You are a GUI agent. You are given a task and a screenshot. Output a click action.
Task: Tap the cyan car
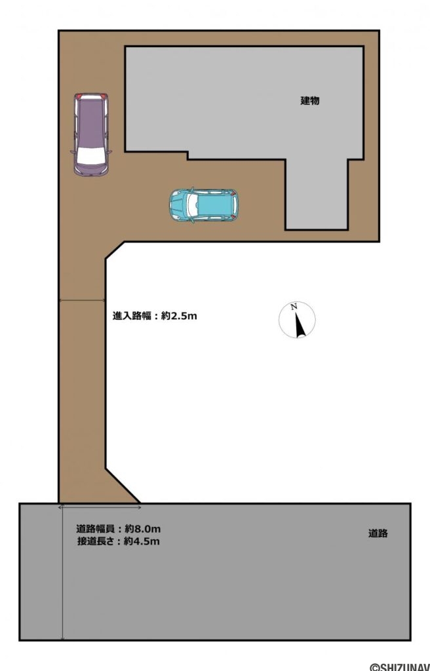[x=205, y=205]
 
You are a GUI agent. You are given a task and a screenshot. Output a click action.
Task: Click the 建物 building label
[x=310, y=101]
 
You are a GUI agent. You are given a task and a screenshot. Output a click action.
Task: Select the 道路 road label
[x=378, y=533]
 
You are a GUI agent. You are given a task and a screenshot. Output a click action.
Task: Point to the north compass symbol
[x=297, y=320]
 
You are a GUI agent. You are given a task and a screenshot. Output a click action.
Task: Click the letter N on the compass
[x=295, y=307]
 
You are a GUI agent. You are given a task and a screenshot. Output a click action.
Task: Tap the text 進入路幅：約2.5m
[x=155, y=316]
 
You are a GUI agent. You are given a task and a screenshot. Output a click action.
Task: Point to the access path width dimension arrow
[x=83, y=301]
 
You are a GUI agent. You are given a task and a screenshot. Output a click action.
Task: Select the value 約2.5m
[x=179, y=316]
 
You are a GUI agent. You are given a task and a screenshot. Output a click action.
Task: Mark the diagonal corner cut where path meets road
[x=123, y=486]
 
